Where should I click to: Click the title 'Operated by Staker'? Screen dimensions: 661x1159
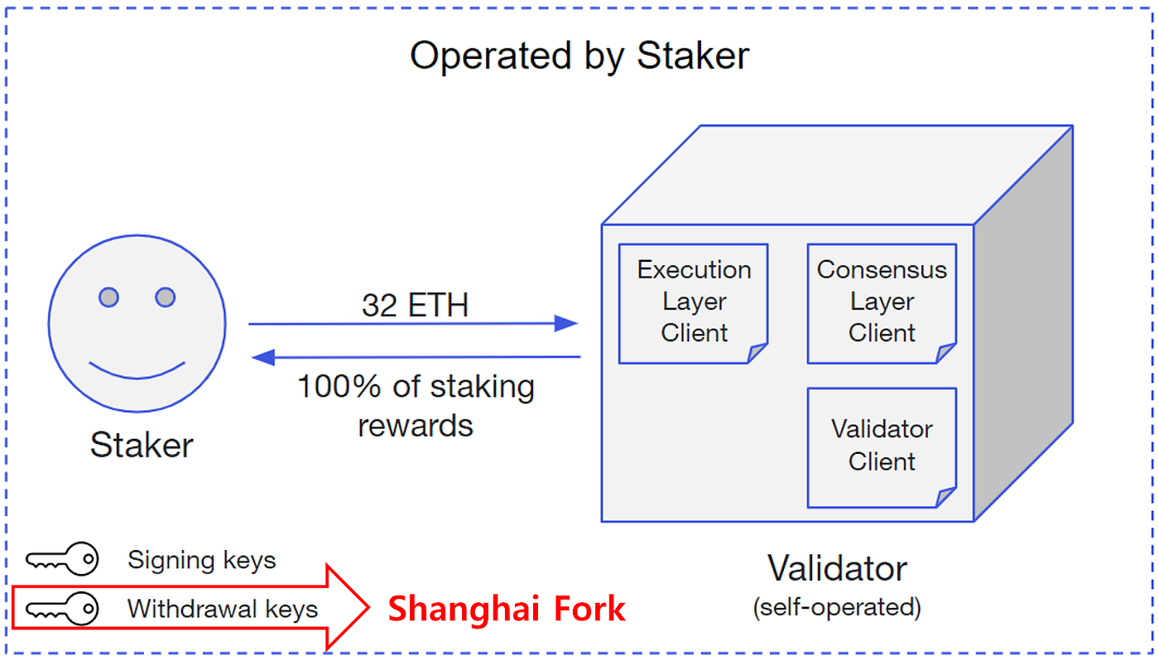579,55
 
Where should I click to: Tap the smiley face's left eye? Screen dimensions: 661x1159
108,297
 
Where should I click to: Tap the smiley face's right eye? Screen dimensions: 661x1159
166,297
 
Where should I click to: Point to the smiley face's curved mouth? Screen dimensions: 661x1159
137,370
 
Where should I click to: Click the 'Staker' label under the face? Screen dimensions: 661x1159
141,446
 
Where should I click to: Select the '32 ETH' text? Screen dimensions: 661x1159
415,306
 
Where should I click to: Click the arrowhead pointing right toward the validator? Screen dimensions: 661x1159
565,324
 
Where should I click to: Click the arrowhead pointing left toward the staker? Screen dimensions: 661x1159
263,357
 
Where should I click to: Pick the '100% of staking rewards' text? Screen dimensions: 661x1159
416,406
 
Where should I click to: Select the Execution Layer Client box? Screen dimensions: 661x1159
694,302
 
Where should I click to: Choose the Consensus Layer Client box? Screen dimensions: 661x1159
882,302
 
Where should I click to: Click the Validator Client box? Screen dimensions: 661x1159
882,446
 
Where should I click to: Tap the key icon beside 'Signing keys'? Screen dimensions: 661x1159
62,560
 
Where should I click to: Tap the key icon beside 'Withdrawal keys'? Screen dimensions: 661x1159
62,609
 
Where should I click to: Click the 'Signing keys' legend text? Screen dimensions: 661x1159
201,560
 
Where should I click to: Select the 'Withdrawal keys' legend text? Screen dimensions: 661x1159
222,609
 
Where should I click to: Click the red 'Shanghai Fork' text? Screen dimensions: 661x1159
507,609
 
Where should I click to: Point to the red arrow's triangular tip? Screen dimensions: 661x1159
356,607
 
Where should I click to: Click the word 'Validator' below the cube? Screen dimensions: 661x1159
837,568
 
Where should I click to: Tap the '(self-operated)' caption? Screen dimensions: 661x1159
837,607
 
